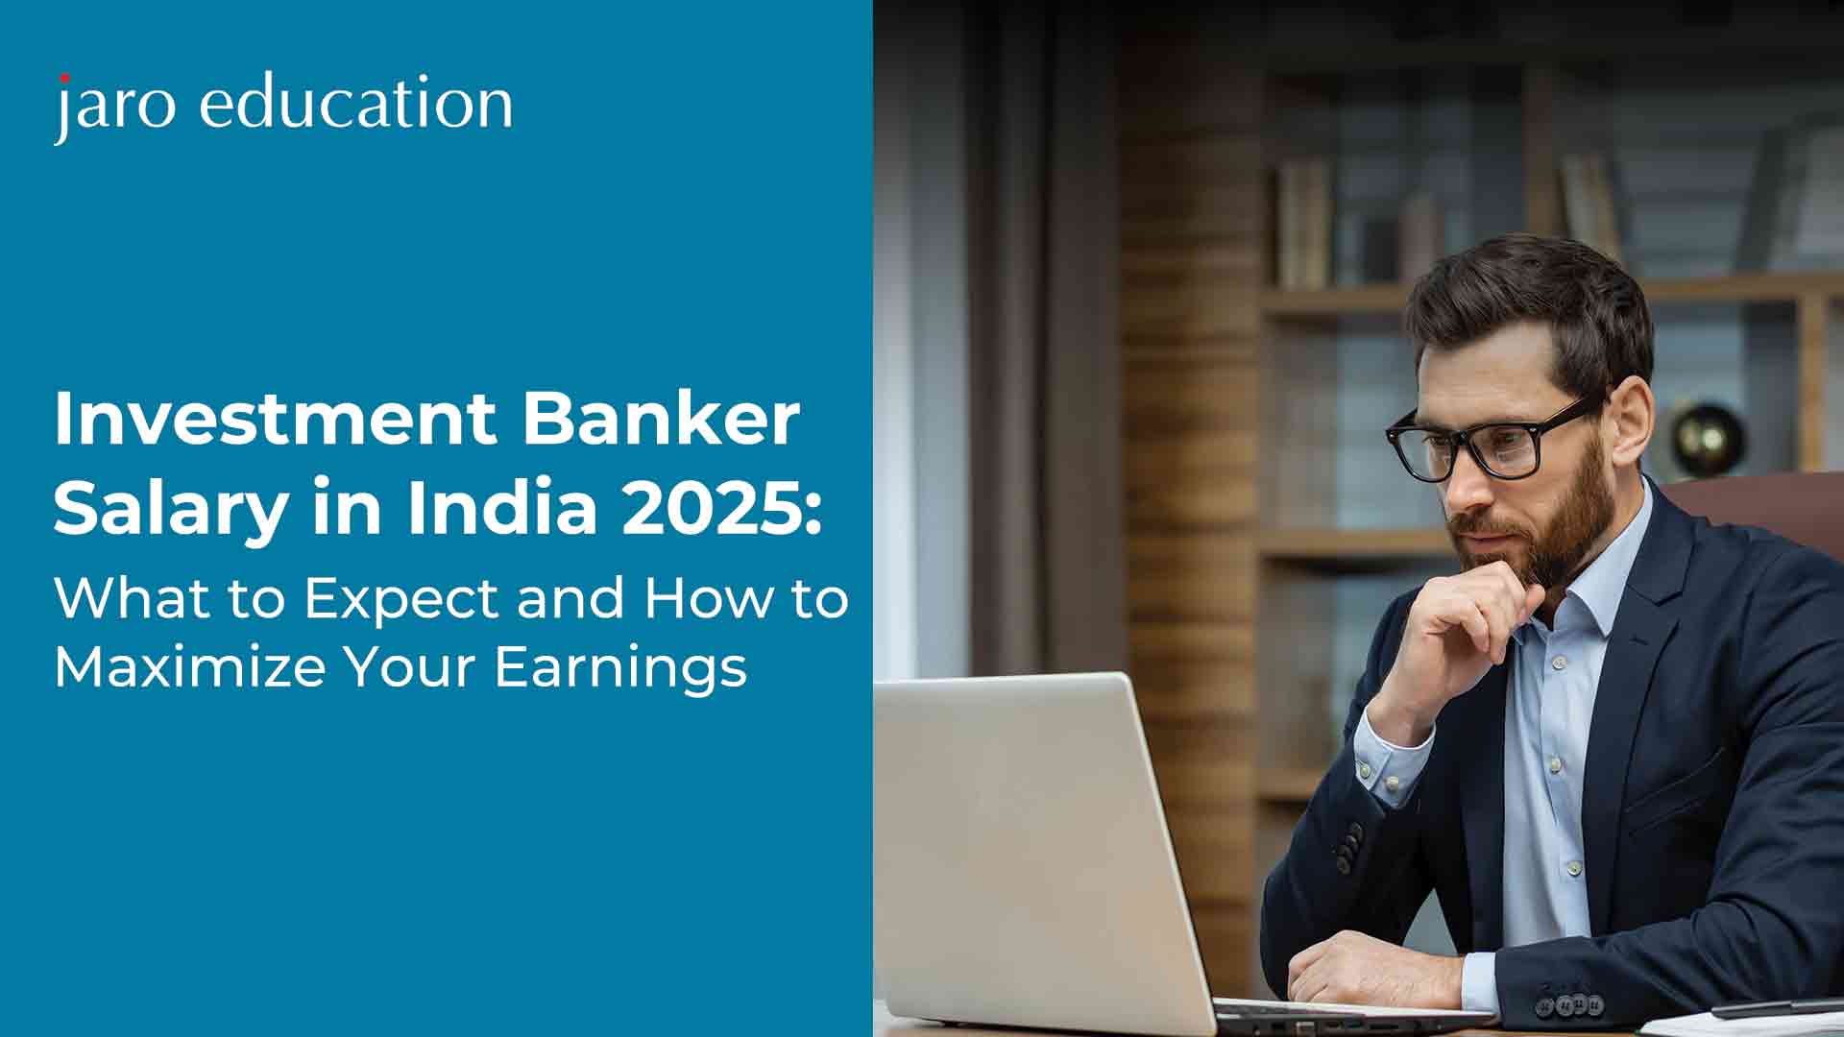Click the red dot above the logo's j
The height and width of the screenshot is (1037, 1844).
[x=64, y=78]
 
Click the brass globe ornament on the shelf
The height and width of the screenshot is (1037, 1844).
[x=1707, y=438]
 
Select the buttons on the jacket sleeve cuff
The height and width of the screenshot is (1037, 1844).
[x=1569, y=1004]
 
